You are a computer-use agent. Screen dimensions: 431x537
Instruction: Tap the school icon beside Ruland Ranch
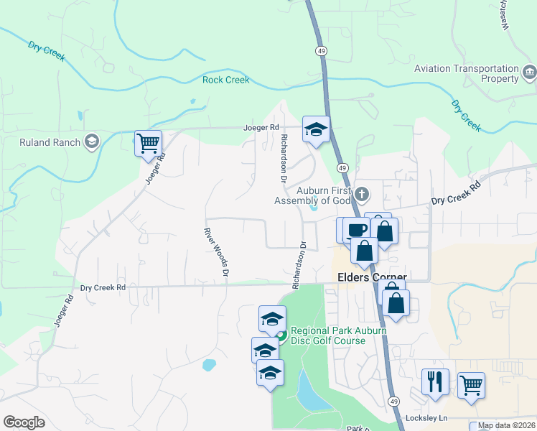click(91, 142)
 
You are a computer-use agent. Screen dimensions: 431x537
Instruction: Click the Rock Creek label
click(225, 80)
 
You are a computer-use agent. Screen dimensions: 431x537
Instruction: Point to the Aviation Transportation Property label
click(467, 73)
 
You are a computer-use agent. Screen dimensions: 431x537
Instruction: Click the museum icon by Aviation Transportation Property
click(529, 71)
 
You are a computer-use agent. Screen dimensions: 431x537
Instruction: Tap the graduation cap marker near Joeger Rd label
click(316, 129)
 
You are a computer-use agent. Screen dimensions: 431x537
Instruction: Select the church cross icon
click(363, 193)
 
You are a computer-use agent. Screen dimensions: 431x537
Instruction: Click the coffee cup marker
click(357, 230)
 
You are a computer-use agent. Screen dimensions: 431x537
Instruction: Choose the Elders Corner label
click(372, 277)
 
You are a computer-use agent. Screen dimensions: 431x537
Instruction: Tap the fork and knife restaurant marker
click(435, 382)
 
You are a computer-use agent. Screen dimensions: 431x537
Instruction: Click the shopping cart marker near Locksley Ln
click(471, 385)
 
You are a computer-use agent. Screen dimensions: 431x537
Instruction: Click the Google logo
click(24, 422)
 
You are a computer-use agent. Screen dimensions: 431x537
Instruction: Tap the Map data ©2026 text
click(507, 425)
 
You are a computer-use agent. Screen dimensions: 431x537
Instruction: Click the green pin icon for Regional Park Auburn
click(282, 335)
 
